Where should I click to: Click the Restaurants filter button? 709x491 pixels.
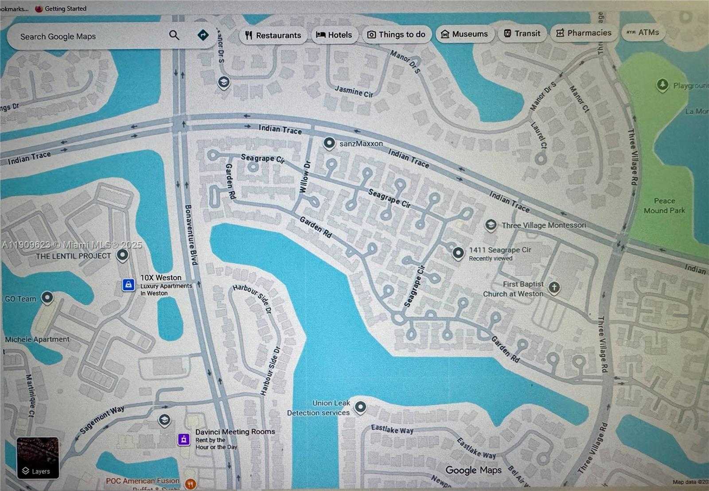pos(273,35)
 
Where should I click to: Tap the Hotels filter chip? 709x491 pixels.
pos(335,35)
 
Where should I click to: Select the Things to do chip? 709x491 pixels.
pos(397,35)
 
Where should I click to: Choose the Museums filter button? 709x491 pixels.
pos(464,34)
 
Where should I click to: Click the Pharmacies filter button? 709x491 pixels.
pos(584,33)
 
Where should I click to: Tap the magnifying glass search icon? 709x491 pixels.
pos(174,35)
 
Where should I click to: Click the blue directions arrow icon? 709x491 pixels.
pos(203,35)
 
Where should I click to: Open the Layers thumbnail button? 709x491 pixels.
pos(38,458)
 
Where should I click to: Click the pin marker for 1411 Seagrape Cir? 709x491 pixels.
pos(458,253)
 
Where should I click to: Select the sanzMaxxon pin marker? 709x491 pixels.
pos(329,143)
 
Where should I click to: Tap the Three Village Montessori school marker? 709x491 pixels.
pos(491,225)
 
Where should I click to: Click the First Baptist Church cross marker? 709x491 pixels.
pos(553,288)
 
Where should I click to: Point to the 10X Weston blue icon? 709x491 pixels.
pos(128,285)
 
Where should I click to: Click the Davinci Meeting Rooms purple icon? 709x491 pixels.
pos(184,439)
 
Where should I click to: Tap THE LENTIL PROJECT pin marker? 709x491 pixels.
pos(123,255)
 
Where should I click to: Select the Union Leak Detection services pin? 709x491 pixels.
pos(361,407)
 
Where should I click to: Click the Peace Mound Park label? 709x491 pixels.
pos(664,206)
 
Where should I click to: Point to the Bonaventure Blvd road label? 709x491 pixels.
pos(191,234)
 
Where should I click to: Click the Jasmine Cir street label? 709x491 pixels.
pos(354,91)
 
